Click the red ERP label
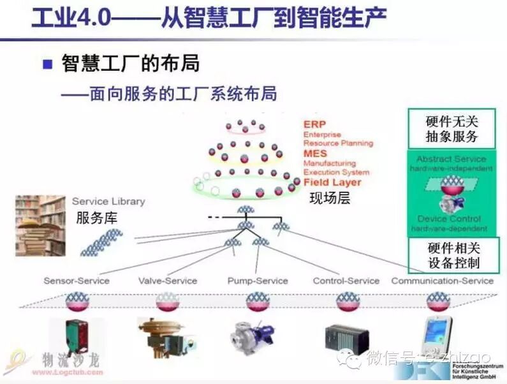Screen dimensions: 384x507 pos(314,124)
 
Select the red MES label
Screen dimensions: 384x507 pos(315,154)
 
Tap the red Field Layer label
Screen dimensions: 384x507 pos(332,182)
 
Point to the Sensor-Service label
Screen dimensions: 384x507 pos(77,281)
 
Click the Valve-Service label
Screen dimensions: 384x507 pos(168,281)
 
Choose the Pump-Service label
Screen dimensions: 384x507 pos(258,281)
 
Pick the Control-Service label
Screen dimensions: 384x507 pos(346,281)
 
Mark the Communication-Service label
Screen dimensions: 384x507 pos(442,281)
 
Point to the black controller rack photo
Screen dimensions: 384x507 pos(346,339)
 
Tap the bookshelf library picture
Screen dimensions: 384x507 pos(41,225)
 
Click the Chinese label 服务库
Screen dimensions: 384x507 pos(97,218)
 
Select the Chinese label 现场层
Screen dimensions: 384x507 pos(330,198)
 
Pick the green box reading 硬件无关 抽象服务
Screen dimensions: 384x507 pos(452,129)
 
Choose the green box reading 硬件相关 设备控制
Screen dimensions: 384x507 pos(453,255)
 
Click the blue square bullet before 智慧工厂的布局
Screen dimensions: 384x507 pos(47,64)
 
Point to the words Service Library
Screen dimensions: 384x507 pos(108,202)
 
